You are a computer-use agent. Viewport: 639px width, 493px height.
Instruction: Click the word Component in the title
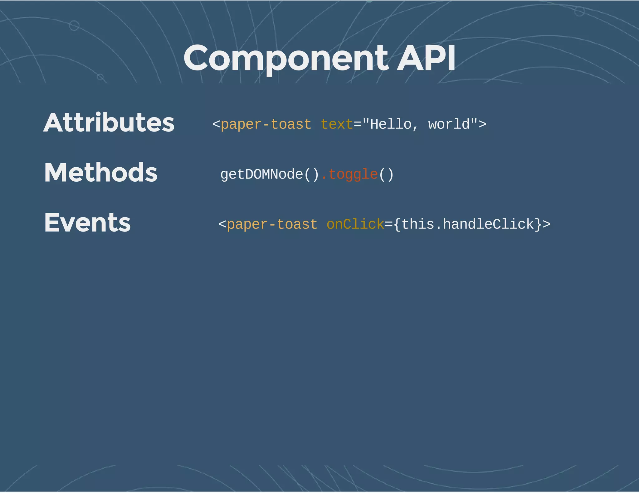pyautogui.click(x=285, y=59)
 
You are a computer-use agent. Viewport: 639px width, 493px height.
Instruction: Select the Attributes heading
pyautogui.click(x=109, y=122)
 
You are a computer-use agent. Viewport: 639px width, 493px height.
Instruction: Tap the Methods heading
pyautogui.click(x=101, y=173)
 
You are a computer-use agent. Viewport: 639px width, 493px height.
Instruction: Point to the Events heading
pyautogui.click(x=87, y=223)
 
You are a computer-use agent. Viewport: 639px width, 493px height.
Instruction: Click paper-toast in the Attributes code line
pyautogui.click(x=266, y=124)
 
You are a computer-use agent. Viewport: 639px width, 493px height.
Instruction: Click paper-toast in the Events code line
pyautogui.click(x=272, y=224)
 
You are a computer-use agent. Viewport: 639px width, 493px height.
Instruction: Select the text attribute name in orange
pyautogui.click(x=337, y=124)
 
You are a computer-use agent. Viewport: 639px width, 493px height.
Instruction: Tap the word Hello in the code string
pyautogui.click(x=391, y=124)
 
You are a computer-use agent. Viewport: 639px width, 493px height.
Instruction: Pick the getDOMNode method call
pyautogui.click(x=270, y=175)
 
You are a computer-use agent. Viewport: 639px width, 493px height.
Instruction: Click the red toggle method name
pyautogui.click(x=353, y=175)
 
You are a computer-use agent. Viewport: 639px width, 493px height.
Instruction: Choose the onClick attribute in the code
pyautogui.click(x=355, y=224)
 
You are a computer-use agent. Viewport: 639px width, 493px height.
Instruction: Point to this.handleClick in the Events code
pyautogui.click(x=467, y=224)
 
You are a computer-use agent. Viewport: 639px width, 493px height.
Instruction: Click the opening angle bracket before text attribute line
pyautogui.click(x=216, y=124)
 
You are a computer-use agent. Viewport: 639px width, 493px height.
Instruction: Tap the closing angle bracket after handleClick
pyautogui.click(x=547, y=224)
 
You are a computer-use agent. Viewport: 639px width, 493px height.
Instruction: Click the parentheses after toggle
pyautogui.click(x=386, y=175)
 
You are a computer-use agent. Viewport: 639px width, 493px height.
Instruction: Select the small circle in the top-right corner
pyautogui.click(x=579, y=12)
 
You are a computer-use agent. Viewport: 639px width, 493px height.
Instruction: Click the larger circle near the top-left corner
pyautogui.click(x=74, y=26)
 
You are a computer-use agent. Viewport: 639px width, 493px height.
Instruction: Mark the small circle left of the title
pyautogui.click(x=100, y=77)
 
